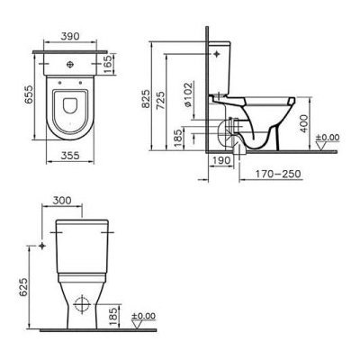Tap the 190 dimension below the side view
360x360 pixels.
coord(222,161)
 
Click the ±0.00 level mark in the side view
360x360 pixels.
coord(329,138)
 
